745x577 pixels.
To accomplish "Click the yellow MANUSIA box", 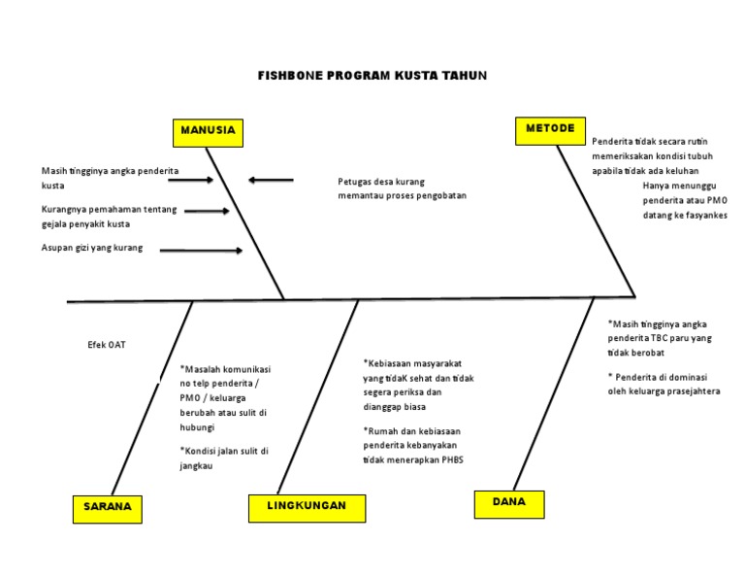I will click(x=208, y=131).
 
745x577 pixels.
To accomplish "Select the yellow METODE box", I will click(x=550, y=129).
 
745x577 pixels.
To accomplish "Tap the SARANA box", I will click(x=107, y=508).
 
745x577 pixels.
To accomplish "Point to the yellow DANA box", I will click(x=509, y=503).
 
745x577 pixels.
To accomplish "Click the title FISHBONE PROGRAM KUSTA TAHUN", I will click(x=372, y=76).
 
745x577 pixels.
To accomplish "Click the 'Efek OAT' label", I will click(x=107, y=345).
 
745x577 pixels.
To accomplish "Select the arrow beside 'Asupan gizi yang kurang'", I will click(x=201, y=251).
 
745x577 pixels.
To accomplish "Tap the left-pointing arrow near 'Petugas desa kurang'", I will click(x=271, y=180).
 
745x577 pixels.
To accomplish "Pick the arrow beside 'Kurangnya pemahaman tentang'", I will click(x=207, y=210).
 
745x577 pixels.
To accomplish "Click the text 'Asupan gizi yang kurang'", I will click(x=92, y=249).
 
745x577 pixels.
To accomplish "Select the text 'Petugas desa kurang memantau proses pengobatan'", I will click(x=402, y=188).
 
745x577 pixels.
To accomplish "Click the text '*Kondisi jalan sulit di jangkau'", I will click(x=223, y=458).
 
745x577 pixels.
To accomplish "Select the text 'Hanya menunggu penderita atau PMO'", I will click(x=684, y=192).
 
